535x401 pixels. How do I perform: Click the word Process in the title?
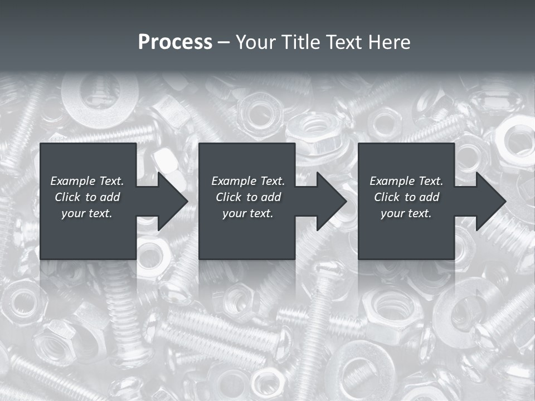click(175, 42)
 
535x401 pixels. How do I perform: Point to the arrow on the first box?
click(167, 201)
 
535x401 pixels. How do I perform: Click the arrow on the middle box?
click(326, 201)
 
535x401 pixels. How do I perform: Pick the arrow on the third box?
click(485, 201)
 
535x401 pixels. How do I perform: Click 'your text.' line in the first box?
click(87, 213)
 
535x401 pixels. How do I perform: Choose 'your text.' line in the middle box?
click(247, 213)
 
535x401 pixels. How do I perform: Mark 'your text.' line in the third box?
click(406, 213)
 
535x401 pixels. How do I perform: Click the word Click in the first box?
click(67, 197)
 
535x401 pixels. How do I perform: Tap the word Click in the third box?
click(387, 197)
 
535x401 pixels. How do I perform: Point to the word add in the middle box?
click(271, 197)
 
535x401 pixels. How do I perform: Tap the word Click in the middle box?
click(228, 197)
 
